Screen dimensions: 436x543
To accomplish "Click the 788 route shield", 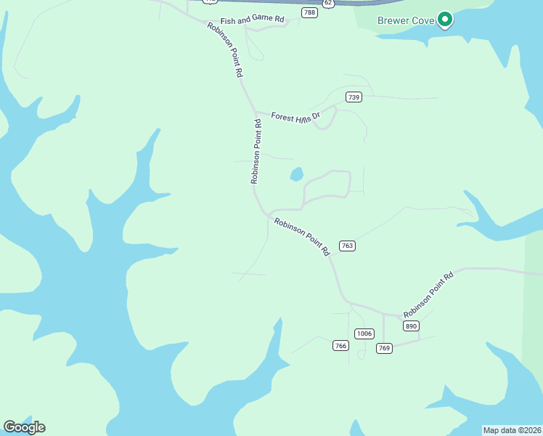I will [x=310, y=13].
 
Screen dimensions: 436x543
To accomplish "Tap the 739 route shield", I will [x=354, y=97].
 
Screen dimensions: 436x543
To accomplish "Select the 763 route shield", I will [x=347, y=246].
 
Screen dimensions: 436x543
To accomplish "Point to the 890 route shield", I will [x=412, y=326].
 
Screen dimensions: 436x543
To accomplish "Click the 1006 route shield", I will [x=364, y=334].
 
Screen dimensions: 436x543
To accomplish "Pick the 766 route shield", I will [x=340, y=345].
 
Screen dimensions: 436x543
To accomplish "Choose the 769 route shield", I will [x=385, y=348].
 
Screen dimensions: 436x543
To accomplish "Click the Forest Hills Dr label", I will [x=295, y=116].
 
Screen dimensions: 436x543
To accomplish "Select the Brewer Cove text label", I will [x=406, y=20].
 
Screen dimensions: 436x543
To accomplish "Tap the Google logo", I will [x=24, y=427].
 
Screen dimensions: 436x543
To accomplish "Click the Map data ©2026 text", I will [x=512, y=430].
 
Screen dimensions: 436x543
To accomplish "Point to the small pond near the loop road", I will [x=296, y=174].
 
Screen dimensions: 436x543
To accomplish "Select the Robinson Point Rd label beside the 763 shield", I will [x=303, y=235].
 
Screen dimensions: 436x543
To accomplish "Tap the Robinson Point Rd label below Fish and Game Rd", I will [x=225, y=49].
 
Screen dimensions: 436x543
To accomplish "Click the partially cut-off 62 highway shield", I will [x=328, y=3].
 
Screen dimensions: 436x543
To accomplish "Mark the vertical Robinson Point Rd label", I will [x=256, y=151].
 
